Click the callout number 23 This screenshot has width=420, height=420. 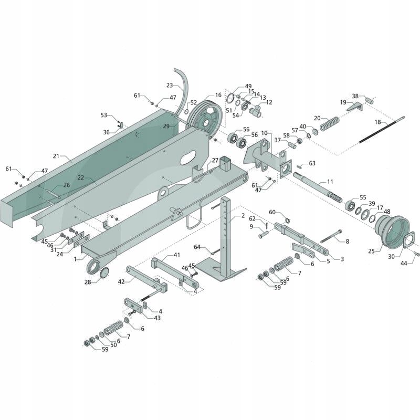point(169,85)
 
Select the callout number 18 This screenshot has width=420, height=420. point(377,122)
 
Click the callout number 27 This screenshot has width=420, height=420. point(215,160)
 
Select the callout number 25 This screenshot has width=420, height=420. point(371,251)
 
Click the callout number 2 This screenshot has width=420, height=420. point(243,216)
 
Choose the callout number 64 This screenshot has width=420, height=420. point(197,247)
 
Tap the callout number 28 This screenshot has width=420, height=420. point(88,282)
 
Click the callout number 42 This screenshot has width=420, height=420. point(121,282)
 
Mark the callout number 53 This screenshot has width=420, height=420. point(103,115)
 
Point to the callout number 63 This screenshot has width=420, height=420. point(312,163)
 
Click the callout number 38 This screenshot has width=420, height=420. point(355,96)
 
